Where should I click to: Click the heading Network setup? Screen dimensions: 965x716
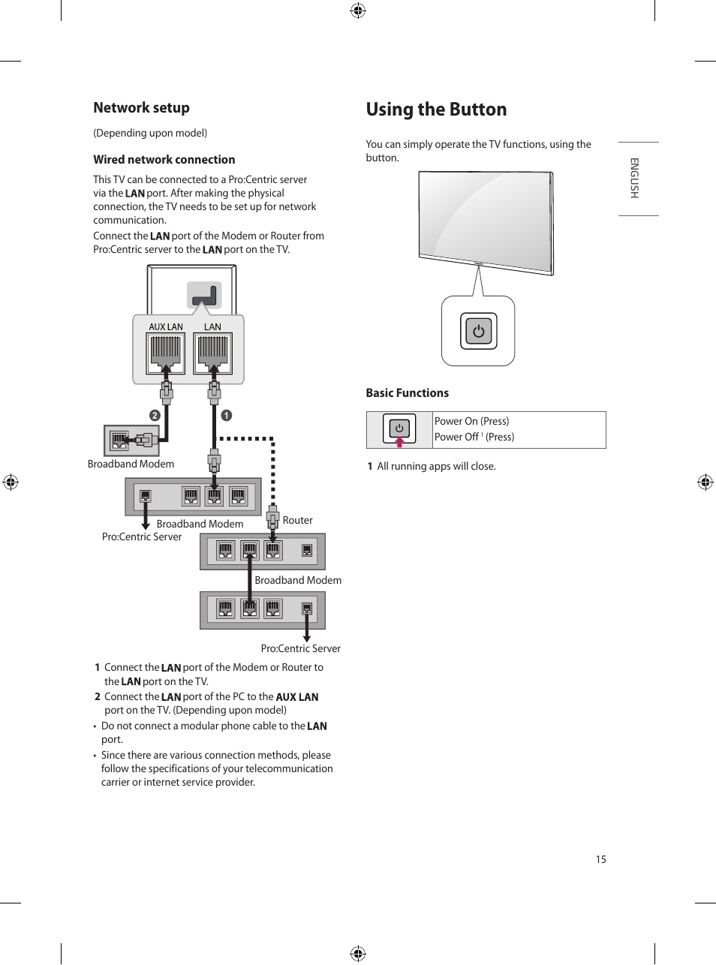pos(141,108)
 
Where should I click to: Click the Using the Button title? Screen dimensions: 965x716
pos(436,110)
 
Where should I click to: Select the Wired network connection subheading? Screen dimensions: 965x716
pos(164,160)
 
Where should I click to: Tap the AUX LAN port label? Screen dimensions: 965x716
pos(165,327)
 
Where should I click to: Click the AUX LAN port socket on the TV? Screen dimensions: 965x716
pos(166,352)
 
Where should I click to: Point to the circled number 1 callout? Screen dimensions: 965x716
pos(226,415)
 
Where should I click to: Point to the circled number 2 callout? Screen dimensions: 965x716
pos(155,415)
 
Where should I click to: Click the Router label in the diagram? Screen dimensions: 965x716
pos(297,520)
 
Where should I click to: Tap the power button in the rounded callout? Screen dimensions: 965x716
pos(478,331)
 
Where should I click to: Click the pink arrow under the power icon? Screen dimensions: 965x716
pos(399,442)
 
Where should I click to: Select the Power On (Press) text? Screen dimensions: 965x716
pos(471,421)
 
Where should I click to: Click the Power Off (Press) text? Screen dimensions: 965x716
pos(474,437)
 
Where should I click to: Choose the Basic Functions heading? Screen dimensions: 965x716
pos(407,393)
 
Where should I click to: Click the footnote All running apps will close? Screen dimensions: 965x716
pos(436,466)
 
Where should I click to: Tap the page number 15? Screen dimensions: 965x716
pos(600,859)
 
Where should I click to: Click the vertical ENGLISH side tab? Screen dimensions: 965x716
pos(634,178)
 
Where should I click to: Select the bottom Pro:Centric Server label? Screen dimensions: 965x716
pos(300,648)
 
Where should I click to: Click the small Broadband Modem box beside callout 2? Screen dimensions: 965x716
pos(131,440)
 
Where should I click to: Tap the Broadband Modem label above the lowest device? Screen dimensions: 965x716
pos(297,580)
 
